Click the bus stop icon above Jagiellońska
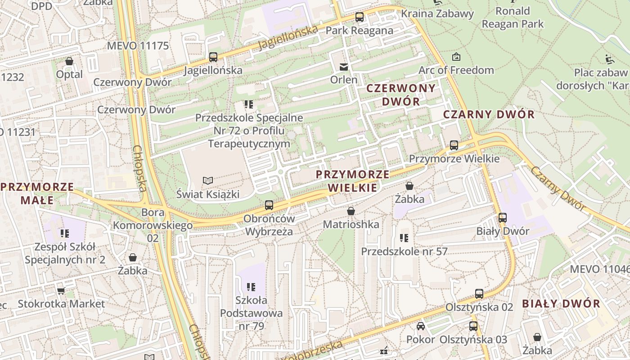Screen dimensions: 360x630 213,57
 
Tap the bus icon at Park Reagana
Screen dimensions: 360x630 359,18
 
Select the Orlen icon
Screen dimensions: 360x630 344,67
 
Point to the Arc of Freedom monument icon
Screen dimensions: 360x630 456,57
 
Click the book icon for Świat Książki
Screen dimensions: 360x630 207,181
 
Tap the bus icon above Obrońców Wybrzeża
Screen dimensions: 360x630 269,205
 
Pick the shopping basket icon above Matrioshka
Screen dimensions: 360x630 351,211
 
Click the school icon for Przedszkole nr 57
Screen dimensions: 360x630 404,238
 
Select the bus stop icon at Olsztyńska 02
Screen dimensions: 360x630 479,294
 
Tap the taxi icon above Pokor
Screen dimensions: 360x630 420,326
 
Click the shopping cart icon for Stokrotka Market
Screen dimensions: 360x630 61,291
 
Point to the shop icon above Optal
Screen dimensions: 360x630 69,61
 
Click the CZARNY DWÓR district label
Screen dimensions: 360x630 489,114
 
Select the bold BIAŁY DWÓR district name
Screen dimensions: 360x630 561,303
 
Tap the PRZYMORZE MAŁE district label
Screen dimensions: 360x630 37,193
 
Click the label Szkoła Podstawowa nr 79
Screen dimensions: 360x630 251,313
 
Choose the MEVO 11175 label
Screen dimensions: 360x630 138,45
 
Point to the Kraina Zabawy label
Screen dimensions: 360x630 437,13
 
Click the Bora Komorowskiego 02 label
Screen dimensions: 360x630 153,225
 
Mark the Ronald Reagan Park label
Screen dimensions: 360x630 513,17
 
